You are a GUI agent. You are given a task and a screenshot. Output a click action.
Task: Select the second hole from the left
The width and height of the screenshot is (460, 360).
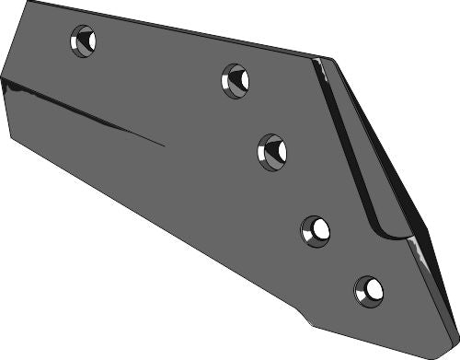pos(236,80)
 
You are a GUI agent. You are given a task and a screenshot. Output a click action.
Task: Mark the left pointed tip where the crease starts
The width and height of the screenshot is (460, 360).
pos(3,81)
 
